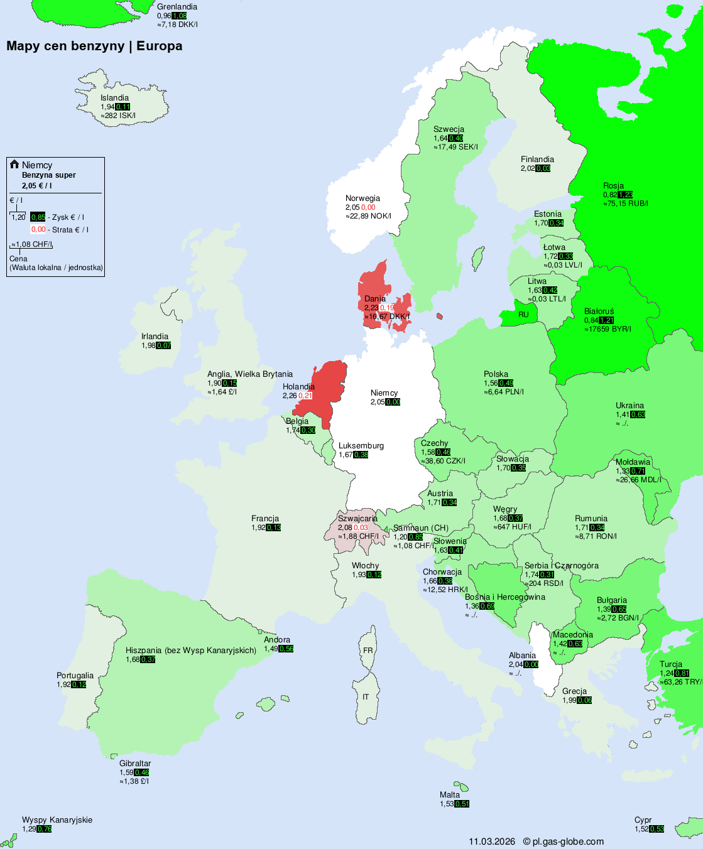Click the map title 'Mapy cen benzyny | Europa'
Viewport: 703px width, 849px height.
(94, 46)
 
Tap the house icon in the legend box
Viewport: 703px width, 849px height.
(14, 165)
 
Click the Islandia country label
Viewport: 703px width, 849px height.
(114, 98)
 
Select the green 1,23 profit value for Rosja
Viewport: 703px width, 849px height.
(625, 195)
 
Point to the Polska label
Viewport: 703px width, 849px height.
(496, 374)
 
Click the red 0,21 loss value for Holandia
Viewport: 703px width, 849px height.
(305, 396)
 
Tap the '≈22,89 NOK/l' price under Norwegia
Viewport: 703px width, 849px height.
(368, 216)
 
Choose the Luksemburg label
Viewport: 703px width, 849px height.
(361, 446)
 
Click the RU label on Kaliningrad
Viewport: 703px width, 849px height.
(523, 315)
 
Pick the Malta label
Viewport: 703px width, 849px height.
(450, 795)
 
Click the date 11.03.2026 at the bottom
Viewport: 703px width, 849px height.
(491, 841)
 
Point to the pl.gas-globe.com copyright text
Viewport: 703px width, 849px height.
(564, 841)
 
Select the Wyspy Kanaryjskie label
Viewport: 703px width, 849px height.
(57, 820)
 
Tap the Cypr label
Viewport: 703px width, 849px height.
(643, 820)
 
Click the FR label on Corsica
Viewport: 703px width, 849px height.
(368, 651)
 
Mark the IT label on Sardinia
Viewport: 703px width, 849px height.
(366, 697)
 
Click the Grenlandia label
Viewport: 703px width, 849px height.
(177, 7)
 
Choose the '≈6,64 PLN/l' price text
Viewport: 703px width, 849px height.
(504, 392)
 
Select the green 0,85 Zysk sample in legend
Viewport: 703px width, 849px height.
(38, 217)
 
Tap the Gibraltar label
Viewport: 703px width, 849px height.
(135, 764)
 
